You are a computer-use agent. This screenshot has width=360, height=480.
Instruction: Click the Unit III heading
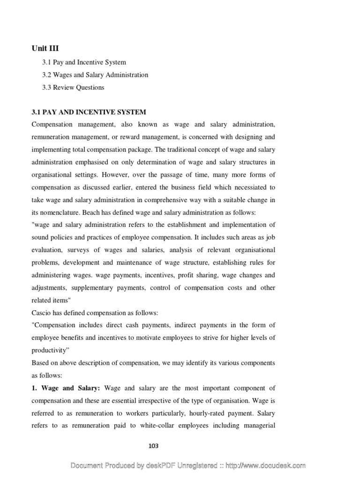(45, 48)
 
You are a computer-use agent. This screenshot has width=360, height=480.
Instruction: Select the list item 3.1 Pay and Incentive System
(84, 62)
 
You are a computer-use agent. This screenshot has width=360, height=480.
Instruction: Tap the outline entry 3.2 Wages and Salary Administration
(95, 75)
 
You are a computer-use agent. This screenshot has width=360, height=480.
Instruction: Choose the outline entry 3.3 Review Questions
(73, 88)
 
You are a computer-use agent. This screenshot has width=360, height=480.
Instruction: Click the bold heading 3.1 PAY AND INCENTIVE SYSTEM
(89, 112)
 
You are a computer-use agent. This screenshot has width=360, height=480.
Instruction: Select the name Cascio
(42, 313)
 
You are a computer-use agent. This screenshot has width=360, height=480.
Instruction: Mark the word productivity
(50, 350)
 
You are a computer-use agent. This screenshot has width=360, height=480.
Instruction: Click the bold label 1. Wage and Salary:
(66, 388)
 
